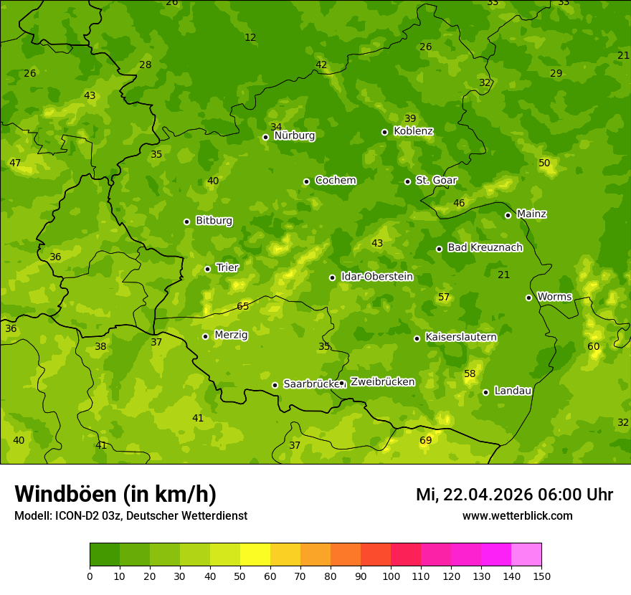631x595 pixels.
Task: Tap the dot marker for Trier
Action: [x=208, y=269]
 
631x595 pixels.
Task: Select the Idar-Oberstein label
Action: [x=376, y=277]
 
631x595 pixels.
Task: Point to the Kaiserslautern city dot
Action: [x=417, y=338]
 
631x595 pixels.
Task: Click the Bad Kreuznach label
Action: [x=485, y=247]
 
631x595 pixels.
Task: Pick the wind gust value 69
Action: [x=426, y=440]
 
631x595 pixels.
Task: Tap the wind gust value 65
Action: [x=243, y=307]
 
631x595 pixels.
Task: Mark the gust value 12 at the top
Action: [x=250, y=37]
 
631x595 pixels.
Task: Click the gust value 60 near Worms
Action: [x=594, y=346]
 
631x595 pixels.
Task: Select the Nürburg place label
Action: [x=294, y=135]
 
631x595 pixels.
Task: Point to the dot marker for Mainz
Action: [x=508, y=215]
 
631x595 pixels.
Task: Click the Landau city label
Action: [x=513, y=391]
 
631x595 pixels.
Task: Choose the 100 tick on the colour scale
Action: [x=391, y=576]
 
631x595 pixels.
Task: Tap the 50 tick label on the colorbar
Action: [x=240, y=576]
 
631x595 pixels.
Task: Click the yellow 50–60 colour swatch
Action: [x=255, y=554]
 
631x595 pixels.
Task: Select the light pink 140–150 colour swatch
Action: [x=526, y=554]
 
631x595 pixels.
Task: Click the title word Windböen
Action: [x=65, y=494]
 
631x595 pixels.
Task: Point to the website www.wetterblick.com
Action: [x=517, y=515]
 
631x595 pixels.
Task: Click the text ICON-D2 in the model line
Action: [x=76, y=515]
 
